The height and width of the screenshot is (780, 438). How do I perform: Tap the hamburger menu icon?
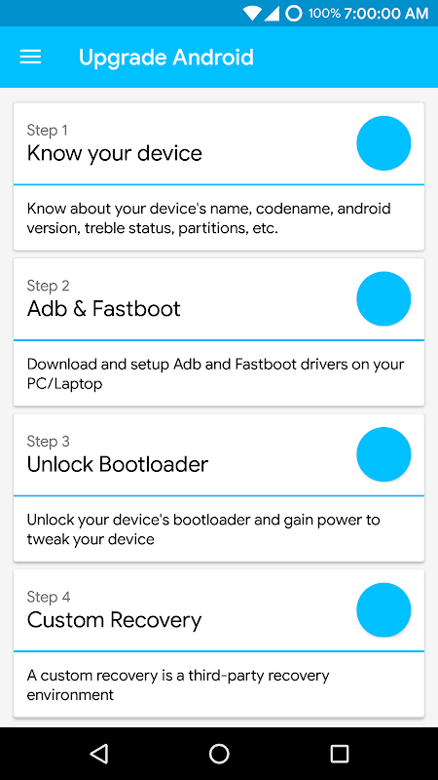point(30,58)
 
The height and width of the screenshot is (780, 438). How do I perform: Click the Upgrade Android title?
point(165,58)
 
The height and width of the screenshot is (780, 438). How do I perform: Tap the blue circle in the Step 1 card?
point(383,143)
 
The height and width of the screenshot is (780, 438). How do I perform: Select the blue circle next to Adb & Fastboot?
point(383,298)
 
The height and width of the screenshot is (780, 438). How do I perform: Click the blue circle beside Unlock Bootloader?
point(383,454)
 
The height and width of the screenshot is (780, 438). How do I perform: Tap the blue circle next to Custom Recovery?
point(383,610)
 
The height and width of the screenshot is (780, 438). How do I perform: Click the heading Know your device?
point(115,154)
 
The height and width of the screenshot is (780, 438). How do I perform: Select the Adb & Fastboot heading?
point(104,309)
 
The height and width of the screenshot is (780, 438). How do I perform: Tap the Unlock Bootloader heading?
point(118,465)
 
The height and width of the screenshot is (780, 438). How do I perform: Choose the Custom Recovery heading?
point(114,621)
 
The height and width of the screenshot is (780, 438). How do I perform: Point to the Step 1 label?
point(47,131)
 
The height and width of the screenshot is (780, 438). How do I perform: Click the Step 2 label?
point(48,286)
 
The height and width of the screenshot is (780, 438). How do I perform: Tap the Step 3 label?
point(48,442)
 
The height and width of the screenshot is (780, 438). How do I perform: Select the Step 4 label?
point(49,598)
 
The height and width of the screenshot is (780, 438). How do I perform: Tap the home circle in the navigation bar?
point(219,754)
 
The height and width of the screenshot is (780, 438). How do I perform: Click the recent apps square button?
point(340,754)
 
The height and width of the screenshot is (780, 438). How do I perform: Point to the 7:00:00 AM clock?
point(385,14)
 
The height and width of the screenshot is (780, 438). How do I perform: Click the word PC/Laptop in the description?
point(64,384)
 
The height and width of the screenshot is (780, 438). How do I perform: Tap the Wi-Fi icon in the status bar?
point(252,14)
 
